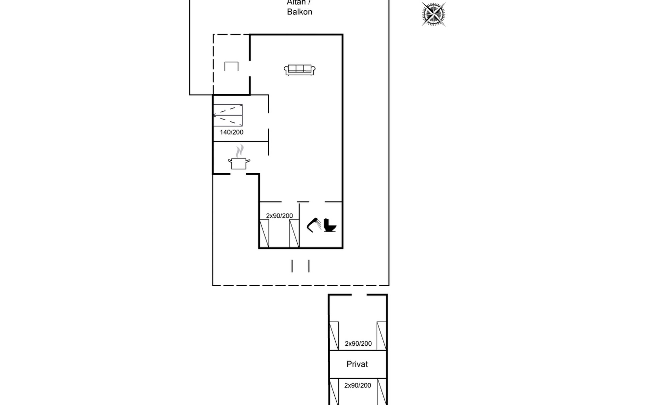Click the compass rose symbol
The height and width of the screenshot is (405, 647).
pyautogui.click(x=433, y=14)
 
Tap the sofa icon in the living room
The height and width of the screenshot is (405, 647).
pyautogui.click(x=300, y=70)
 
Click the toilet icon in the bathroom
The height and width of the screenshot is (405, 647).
pyautogui.click(x=330, y=225)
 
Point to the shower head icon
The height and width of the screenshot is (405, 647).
pyautogui.click(x=314, y=225)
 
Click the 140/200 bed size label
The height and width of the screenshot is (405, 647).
pyautogui.click(x=232, y=132)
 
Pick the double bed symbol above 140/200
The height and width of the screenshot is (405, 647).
pyautogui.click(x=228, y=115)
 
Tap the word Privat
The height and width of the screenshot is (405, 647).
pyautogui.click(x=357, y=364)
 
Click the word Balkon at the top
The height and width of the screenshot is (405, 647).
pyautogui.click(x=300, y=12)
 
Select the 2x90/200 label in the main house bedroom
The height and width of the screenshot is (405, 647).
pyautogui.click(x=279, y=216)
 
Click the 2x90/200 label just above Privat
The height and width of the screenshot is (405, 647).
pyautogui.click(x=358, y=344)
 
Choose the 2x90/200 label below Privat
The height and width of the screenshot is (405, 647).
pyautogui.click(x=358, y=385)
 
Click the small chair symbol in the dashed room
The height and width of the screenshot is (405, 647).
pyautogui.click(x=232, y=66)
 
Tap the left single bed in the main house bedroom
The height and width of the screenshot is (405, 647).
pyautogui.click(x=264, y=234)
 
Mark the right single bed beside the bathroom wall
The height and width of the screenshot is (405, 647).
pyautogui.click(x=294, y=234)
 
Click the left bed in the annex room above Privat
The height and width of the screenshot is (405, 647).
pyautogui.click(x=334, y=336)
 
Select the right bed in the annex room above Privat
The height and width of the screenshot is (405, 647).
pyautogui.click(x=381, y=336)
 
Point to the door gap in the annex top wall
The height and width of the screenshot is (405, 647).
pyautogui.click(x=359, y=295)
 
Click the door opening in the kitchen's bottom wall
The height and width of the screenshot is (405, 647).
pyautogui.click(x=238, y=174)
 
